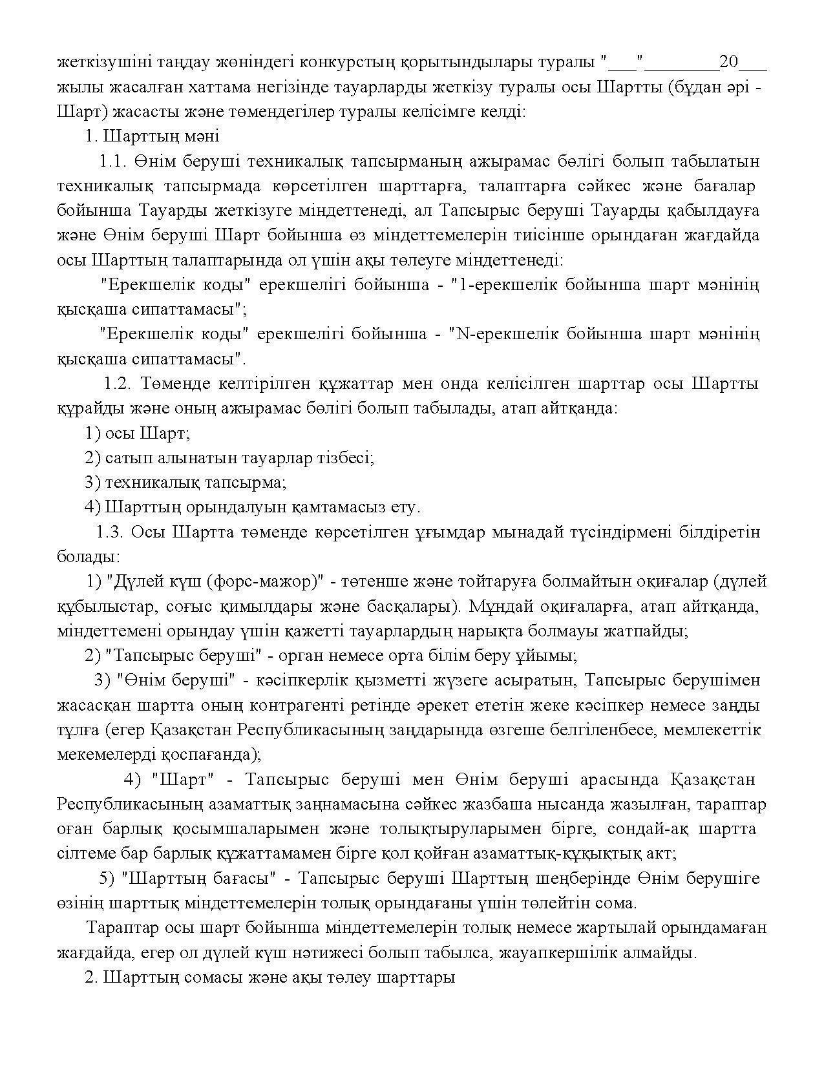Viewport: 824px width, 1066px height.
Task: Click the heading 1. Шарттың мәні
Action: click(152, 136)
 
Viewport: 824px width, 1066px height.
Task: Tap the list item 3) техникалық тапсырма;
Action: click(185, 483)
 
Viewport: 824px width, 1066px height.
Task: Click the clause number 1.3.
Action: click(110, 532)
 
